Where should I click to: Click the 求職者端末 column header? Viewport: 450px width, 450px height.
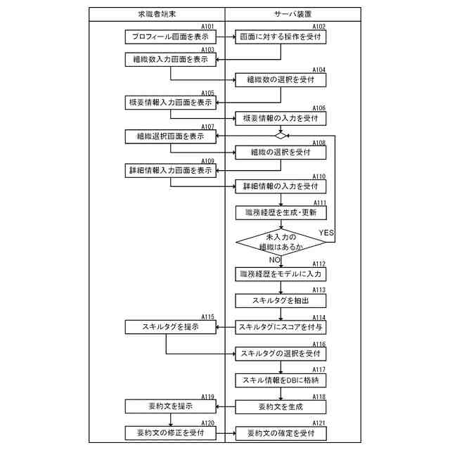point(157,14)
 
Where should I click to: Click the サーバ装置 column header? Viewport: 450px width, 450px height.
point(292,14)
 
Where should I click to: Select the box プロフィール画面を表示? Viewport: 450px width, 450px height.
point(170,36)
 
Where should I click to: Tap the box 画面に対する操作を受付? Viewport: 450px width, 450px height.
point(281,36)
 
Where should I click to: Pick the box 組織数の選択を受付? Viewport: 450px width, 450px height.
point(281,80)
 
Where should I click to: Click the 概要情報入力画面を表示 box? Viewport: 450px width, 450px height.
point(170,103)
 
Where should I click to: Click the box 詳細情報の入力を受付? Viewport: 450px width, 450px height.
point(281,186)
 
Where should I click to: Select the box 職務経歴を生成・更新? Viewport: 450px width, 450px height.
point(281,212)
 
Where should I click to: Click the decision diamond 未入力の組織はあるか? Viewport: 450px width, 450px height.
point(281,242)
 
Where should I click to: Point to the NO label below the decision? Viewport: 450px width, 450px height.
point(274,260)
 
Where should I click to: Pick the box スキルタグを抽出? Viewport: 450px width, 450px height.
point(281,300)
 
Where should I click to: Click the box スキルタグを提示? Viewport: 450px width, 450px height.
point(170,327)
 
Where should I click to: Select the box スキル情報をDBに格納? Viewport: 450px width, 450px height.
point(281,380)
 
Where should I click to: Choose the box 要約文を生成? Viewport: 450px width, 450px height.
point(281,406)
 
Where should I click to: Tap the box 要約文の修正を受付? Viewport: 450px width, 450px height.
point(170,433)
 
